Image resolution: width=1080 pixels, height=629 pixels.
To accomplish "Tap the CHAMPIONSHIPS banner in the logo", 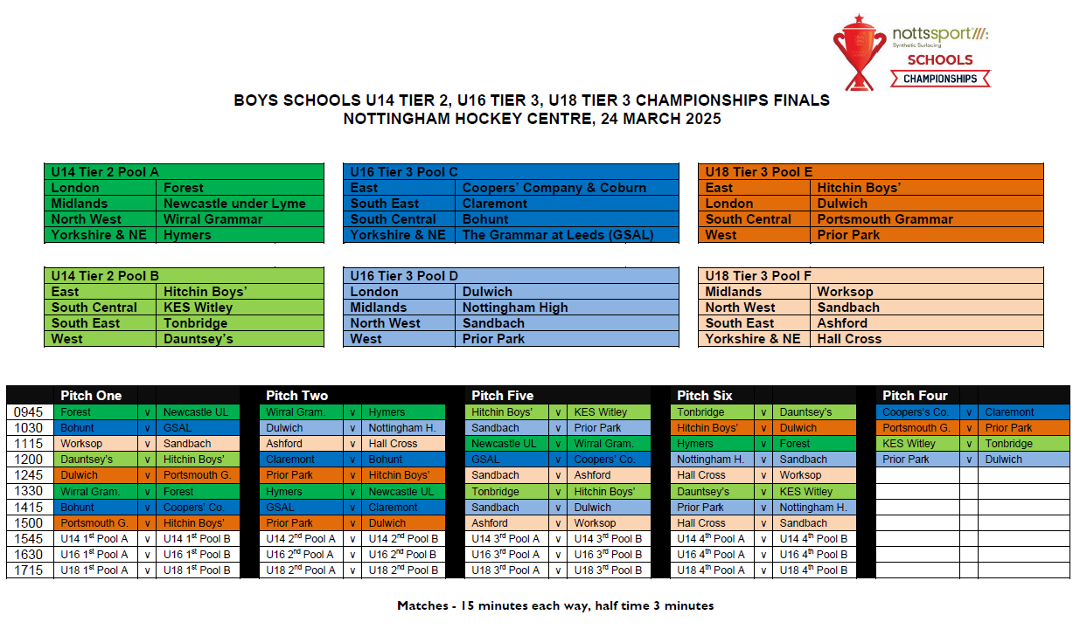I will point(940,79).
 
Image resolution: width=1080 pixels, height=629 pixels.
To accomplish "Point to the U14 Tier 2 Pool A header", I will point(105,172).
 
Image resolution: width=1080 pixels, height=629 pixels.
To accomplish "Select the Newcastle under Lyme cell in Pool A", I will point(234,204).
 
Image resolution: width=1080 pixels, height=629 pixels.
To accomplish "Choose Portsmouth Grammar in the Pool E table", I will point(885,219).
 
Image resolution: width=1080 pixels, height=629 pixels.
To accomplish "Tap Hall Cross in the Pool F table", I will point(849,339).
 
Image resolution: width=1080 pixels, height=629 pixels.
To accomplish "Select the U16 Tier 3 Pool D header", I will point(404,276).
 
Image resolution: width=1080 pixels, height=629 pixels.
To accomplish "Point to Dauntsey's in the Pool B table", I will point(199,339).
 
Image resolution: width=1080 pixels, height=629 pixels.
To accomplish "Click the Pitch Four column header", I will point(915,396).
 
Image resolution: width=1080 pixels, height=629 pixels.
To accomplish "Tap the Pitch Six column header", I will point(705,396).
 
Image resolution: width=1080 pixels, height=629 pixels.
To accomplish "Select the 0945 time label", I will point(29,412).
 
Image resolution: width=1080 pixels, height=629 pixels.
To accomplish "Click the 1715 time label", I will point(29,570).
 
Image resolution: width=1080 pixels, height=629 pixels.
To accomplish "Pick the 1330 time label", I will point(29,492).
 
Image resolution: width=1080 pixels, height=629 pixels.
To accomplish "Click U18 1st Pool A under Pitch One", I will point(94,570).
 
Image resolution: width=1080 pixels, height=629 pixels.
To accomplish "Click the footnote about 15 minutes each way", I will point(555,605).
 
